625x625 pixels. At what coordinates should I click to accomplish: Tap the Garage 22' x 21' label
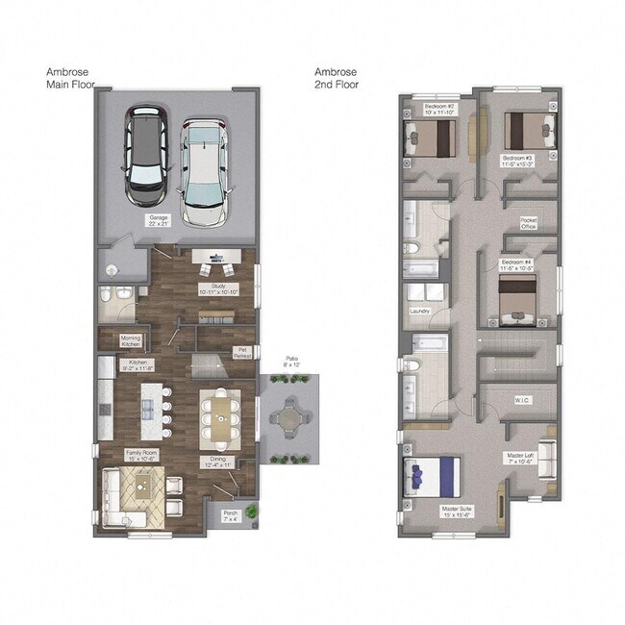[158, 221]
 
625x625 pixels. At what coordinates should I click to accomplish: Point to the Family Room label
[141, 456]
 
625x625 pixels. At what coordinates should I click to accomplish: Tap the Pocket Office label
[528, 222]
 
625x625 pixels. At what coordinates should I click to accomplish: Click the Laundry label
[418, 311]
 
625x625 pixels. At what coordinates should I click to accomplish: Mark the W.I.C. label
[523, 399]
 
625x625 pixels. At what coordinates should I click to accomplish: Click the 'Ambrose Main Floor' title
[70, 78]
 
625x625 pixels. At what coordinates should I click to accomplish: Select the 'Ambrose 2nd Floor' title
[337, 78]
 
